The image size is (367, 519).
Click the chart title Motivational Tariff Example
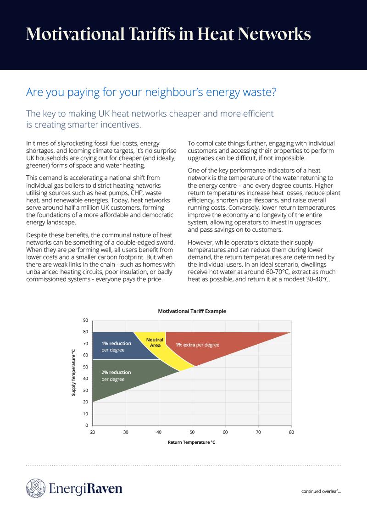click(x=192, y=311)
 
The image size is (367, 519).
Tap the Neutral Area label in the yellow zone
click(x=155, y=342)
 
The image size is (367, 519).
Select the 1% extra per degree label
click(x=197, y=345)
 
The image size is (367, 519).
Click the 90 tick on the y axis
click(x=85, y=320)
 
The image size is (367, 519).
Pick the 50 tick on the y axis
click(x=85, y=367)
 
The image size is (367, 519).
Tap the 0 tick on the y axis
click(x=87, y=425)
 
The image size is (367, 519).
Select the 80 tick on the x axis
click(x=291, y=432)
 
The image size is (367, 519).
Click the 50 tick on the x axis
click(x=192, y=432)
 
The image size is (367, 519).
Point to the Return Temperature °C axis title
click(x=192, y=443)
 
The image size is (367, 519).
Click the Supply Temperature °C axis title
click(x=73, y=373)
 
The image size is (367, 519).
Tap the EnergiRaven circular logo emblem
click(x=35, y=488)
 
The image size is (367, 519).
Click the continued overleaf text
click(x=321, y=491)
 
